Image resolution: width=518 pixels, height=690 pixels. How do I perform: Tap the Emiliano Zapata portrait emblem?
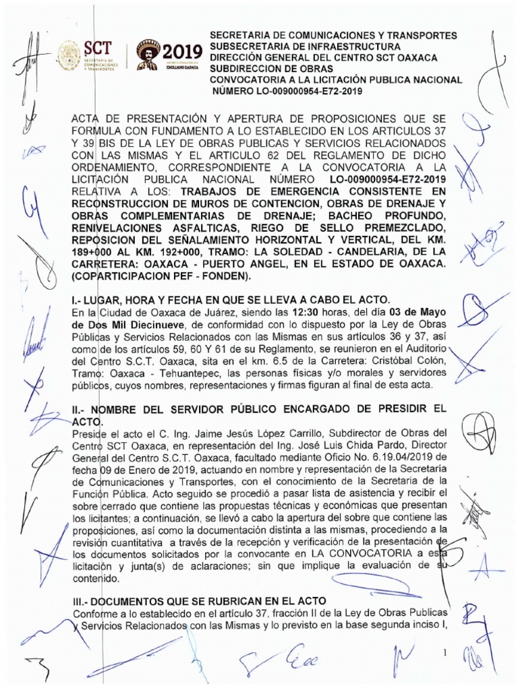148,54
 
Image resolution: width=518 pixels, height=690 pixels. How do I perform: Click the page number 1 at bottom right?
445,653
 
